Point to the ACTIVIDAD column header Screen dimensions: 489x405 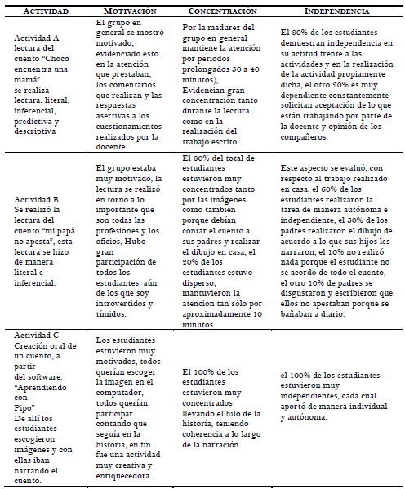pyautogui.click(x=46, y=12)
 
